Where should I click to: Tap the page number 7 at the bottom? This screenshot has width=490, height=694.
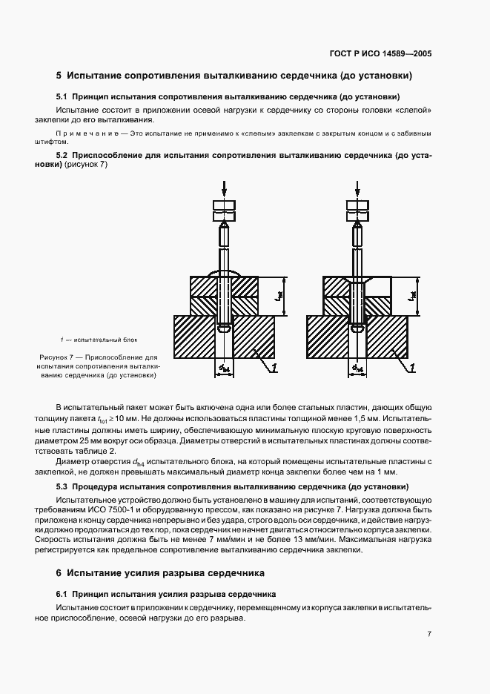tap(429, 633)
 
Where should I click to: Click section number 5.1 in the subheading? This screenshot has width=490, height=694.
tap(62, 97)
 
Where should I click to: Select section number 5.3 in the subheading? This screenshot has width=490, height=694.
tap(62, 486)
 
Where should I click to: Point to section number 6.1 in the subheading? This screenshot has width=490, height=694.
tap(62, 594)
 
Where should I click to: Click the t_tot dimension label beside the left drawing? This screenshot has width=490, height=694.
tap(277, 296)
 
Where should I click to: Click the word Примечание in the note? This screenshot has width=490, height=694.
tap(86, 134)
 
